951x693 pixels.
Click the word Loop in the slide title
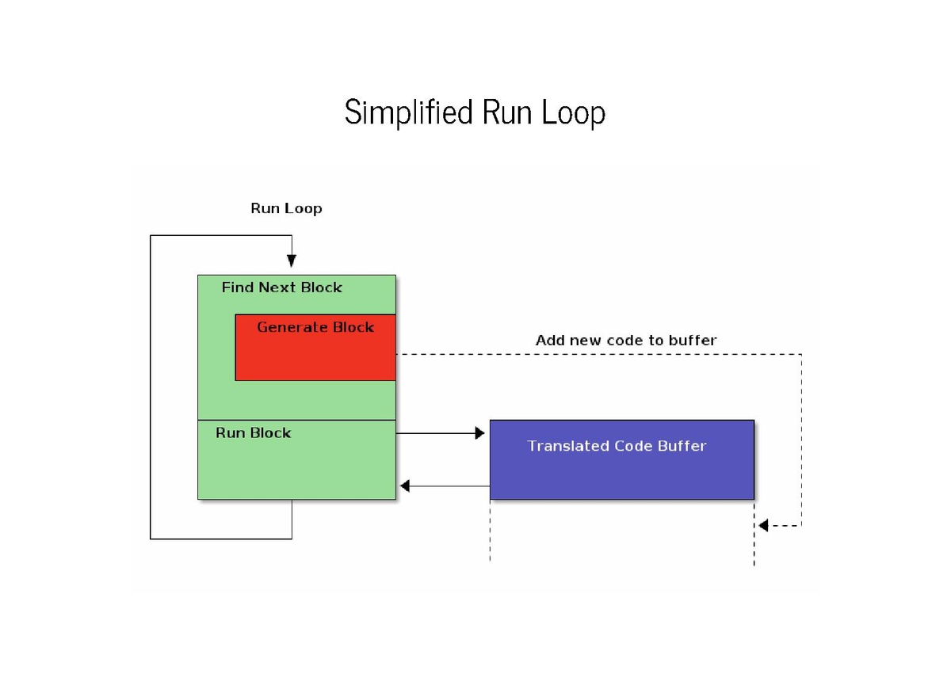574,113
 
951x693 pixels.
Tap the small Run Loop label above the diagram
286,209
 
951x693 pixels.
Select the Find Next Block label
281,287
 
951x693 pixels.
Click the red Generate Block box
315,356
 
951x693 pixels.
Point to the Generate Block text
315,327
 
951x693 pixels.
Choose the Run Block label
253,433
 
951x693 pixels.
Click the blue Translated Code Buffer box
621,471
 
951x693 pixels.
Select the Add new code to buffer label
626,341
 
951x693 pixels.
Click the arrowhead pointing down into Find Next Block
292,261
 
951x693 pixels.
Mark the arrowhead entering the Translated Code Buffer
479,433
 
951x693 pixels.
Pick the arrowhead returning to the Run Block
405,485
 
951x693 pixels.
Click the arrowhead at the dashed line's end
763,525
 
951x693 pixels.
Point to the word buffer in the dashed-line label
693,341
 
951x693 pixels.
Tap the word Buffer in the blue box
682,446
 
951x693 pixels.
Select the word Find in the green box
238,287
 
